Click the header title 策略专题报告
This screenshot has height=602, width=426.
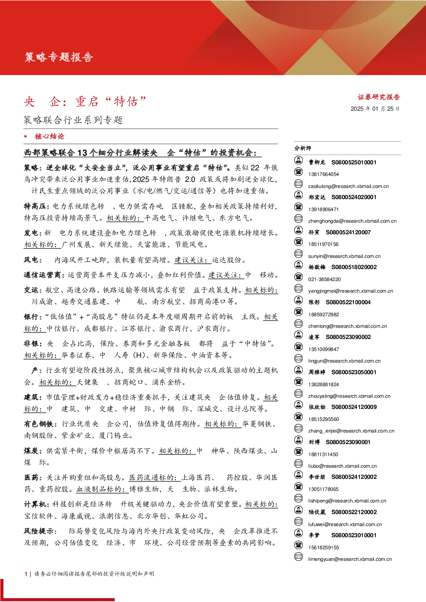[59, 57]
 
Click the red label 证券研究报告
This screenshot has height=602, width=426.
[379, 97]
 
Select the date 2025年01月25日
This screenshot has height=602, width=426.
[375, 109]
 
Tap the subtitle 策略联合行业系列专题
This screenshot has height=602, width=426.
[73, 120]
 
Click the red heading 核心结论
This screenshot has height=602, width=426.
[49, 136]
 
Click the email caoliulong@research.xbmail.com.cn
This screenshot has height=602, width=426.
[349, 186]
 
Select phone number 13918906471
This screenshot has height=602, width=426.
[323, 209]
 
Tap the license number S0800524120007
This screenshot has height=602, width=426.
[348, 232]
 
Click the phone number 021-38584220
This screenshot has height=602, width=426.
[324, 279]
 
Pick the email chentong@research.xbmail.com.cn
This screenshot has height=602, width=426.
[348, 326]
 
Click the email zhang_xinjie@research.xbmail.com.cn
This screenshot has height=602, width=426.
[351, 431]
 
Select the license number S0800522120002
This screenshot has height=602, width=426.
[354, 512]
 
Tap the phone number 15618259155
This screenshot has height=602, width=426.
[323, 548]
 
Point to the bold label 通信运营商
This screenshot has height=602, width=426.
[43, 275]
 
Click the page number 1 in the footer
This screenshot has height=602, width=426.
[26, 574]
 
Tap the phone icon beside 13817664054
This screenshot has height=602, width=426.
[298, 172]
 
